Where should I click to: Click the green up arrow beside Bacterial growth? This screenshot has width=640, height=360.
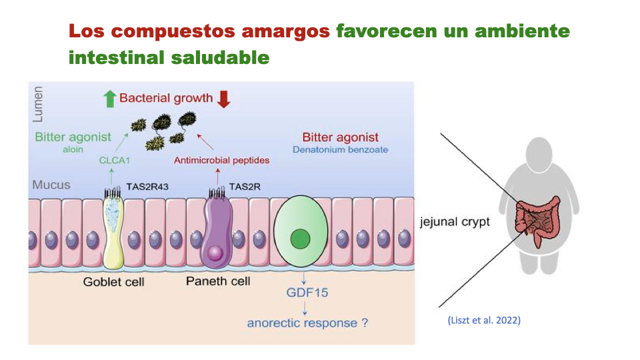pyautogui.click(x=110, y=99)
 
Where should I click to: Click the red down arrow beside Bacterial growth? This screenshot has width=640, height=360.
pyautogui.click(x=223, y=99)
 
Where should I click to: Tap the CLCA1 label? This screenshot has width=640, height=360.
pyautogui.click(x=114, y=160)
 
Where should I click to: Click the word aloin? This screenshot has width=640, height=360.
pyautogui.click(x=73, y=150)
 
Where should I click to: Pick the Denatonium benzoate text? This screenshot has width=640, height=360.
pyautogui.click(x=340, y=150)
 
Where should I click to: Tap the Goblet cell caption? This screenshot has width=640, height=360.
pyautogui.click(x=113, y=281)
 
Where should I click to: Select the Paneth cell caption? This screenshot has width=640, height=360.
pyautogui.click(x=218, y=281)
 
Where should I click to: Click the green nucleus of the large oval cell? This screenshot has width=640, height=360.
pyautogui.click(x=302, y=237)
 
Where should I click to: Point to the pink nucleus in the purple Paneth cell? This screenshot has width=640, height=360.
pyautogui.click(x=215, y=253)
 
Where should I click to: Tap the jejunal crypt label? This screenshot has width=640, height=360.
pyautogui.click(x=455, y=222)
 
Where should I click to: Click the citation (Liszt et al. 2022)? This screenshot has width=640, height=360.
pyautogui.click(x=484, y=320)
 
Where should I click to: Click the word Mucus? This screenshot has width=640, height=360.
pyautogui.click(x=51, y=185)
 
